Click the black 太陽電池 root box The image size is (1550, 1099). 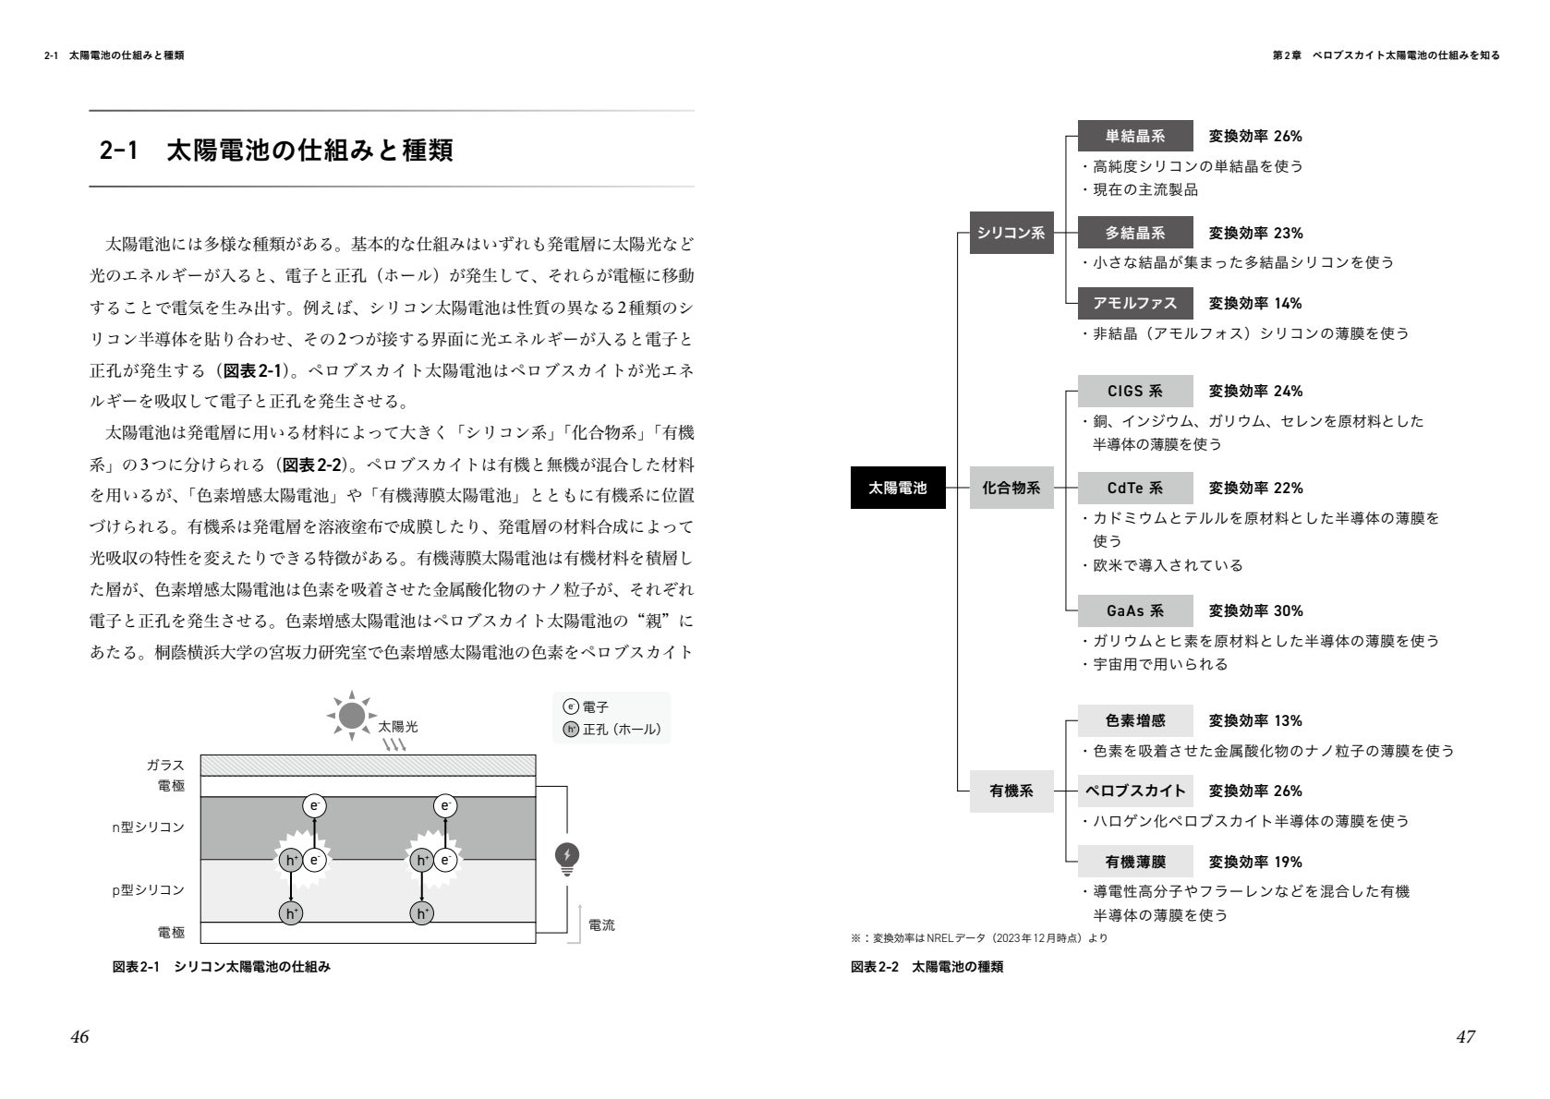click(897, 488)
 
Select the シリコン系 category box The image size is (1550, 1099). click(1011, 233)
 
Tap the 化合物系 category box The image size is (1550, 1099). click(1011, 488)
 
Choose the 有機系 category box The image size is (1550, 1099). click(1011, 791)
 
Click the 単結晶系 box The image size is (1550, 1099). click(1135, 136)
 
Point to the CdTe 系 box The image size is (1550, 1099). click(1135, 488)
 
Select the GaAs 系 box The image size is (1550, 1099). click(1135, 610)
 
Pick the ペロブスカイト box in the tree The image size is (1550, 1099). click(1135, 791)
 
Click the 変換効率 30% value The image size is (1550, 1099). click(1255, 610)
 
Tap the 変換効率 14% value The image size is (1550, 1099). click(1255, 303)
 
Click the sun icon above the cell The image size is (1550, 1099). click(351, 715)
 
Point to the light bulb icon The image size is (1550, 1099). click(566, 858)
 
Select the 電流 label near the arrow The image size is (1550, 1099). click(601, 924)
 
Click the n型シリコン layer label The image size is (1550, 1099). click(148, 827)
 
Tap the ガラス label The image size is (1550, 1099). click(165, 765)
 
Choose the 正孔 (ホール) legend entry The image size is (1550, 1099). click(612, 730)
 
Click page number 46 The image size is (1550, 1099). click(79, 1036)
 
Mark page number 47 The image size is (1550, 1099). click(1465, 1036)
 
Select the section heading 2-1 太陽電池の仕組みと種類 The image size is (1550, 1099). click(276, 151)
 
